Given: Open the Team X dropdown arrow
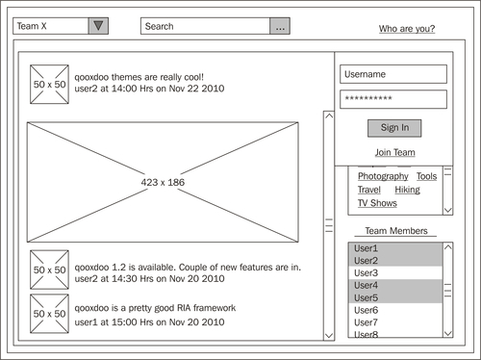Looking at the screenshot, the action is coord(98,26).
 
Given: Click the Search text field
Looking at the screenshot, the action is coord(205,26).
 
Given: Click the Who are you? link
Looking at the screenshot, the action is coord(407,29).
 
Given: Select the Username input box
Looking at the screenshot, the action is coord(393,74).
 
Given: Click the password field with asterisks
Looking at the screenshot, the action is coord(393,99).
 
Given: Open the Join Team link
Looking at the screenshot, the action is coord(395,152).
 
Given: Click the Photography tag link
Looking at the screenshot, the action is coord(383,176).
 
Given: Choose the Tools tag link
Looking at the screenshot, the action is coord(426,176).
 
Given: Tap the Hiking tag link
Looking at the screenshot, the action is coord(407,190).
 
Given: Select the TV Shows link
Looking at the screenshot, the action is coord(377,203).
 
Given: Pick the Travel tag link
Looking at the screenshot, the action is coord(369,190).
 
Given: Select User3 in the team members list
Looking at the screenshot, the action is coord(366,273).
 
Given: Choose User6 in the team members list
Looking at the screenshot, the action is coord(366,310).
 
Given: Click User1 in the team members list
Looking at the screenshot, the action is coord(366,248).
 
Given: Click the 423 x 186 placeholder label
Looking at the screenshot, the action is coord(163,182).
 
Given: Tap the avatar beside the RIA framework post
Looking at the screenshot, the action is coord(49,314).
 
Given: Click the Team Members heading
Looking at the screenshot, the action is coord(396,231).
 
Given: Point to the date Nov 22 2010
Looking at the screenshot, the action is coord(196,89).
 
